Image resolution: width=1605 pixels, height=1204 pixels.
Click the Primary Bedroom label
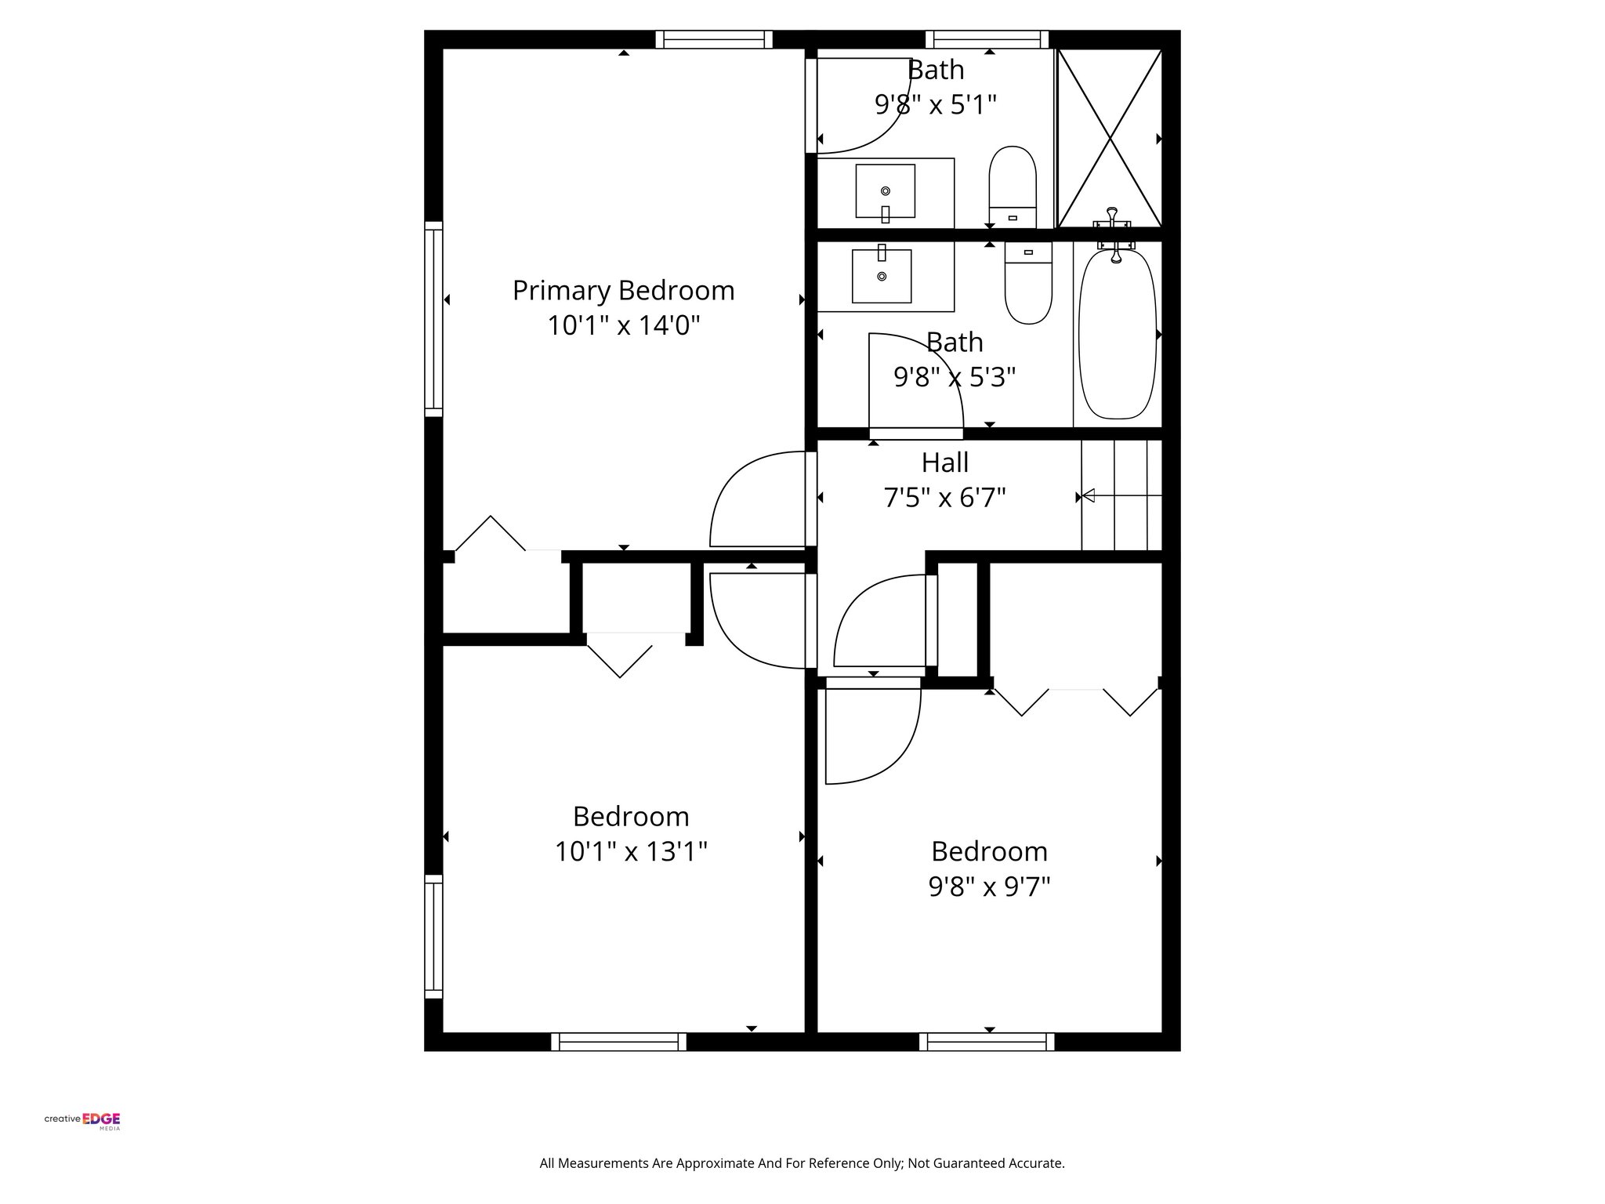coord(623,291)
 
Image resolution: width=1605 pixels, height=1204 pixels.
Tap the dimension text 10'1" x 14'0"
coord(623,325)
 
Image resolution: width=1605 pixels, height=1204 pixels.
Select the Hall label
coord(944,462)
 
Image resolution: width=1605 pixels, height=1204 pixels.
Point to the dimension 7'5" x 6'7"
coord(944,498)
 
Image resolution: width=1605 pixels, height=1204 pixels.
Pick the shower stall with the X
coord(1109,139)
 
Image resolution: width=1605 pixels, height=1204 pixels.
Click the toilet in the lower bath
coord(1028,283)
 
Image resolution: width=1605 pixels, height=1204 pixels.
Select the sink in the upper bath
coord(886,191)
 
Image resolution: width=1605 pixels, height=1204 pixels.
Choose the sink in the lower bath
coord(882,276)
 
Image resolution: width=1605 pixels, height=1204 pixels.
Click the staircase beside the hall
coord(1121,495)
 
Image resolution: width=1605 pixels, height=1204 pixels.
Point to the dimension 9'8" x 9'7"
coord(989,887)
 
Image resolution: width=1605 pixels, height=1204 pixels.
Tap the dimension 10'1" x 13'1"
coord(631,851)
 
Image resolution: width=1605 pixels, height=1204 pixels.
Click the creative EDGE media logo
coord(82,1120)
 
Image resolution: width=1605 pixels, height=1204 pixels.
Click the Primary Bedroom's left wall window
coord(433,319)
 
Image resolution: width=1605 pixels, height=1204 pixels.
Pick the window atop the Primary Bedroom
coord(714,39)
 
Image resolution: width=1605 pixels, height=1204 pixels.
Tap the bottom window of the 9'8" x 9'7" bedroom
coord(987,1042)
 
